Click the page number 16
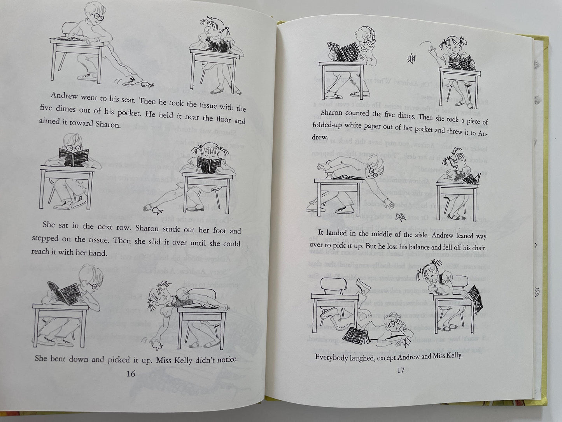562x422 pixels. pos(131,374)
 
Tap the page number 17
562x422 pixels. pos(400,370)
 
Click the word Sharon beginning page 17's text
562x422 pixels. pos(330,113)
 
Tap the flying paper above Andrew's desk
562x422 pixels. pos(410,59)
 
